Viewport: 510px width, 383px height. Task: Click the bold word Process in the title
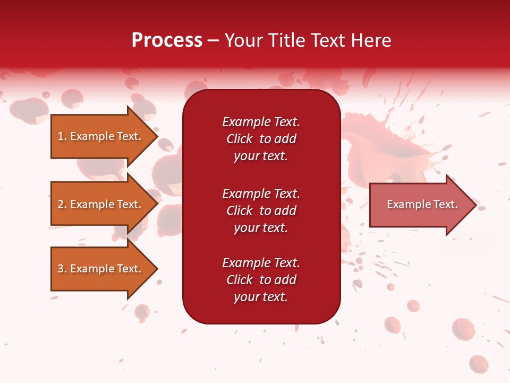point(167,40)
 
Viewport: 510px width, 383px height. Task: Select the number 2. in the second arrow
point(62,204)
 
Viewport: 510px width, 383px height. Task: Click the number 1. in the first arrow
point(62,136)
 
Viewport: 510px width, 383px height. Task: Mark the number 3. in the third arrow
point(62,269)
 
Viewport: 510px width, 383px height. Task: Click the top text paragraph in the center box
point(261,139)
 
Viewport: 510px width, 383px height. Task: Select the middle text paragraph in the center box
point(261,211)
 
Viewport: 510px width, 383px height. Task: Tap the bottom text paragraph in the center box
point(261,280)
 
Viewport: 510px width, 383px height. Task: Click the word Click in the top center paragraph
point(239,139)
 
